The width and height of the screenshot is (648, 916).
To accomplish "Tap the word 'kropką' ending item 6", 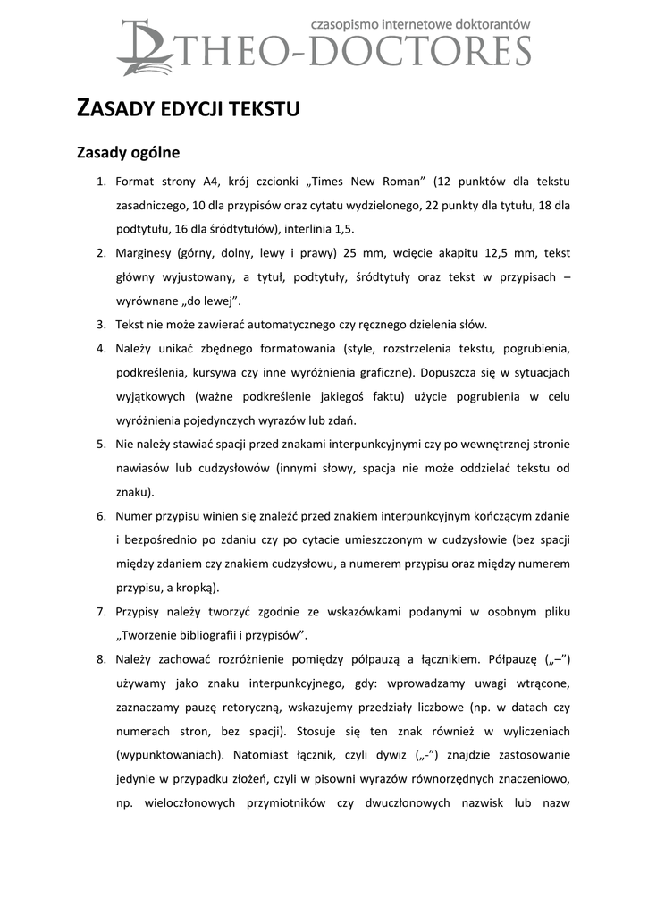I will pos(196,588).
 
